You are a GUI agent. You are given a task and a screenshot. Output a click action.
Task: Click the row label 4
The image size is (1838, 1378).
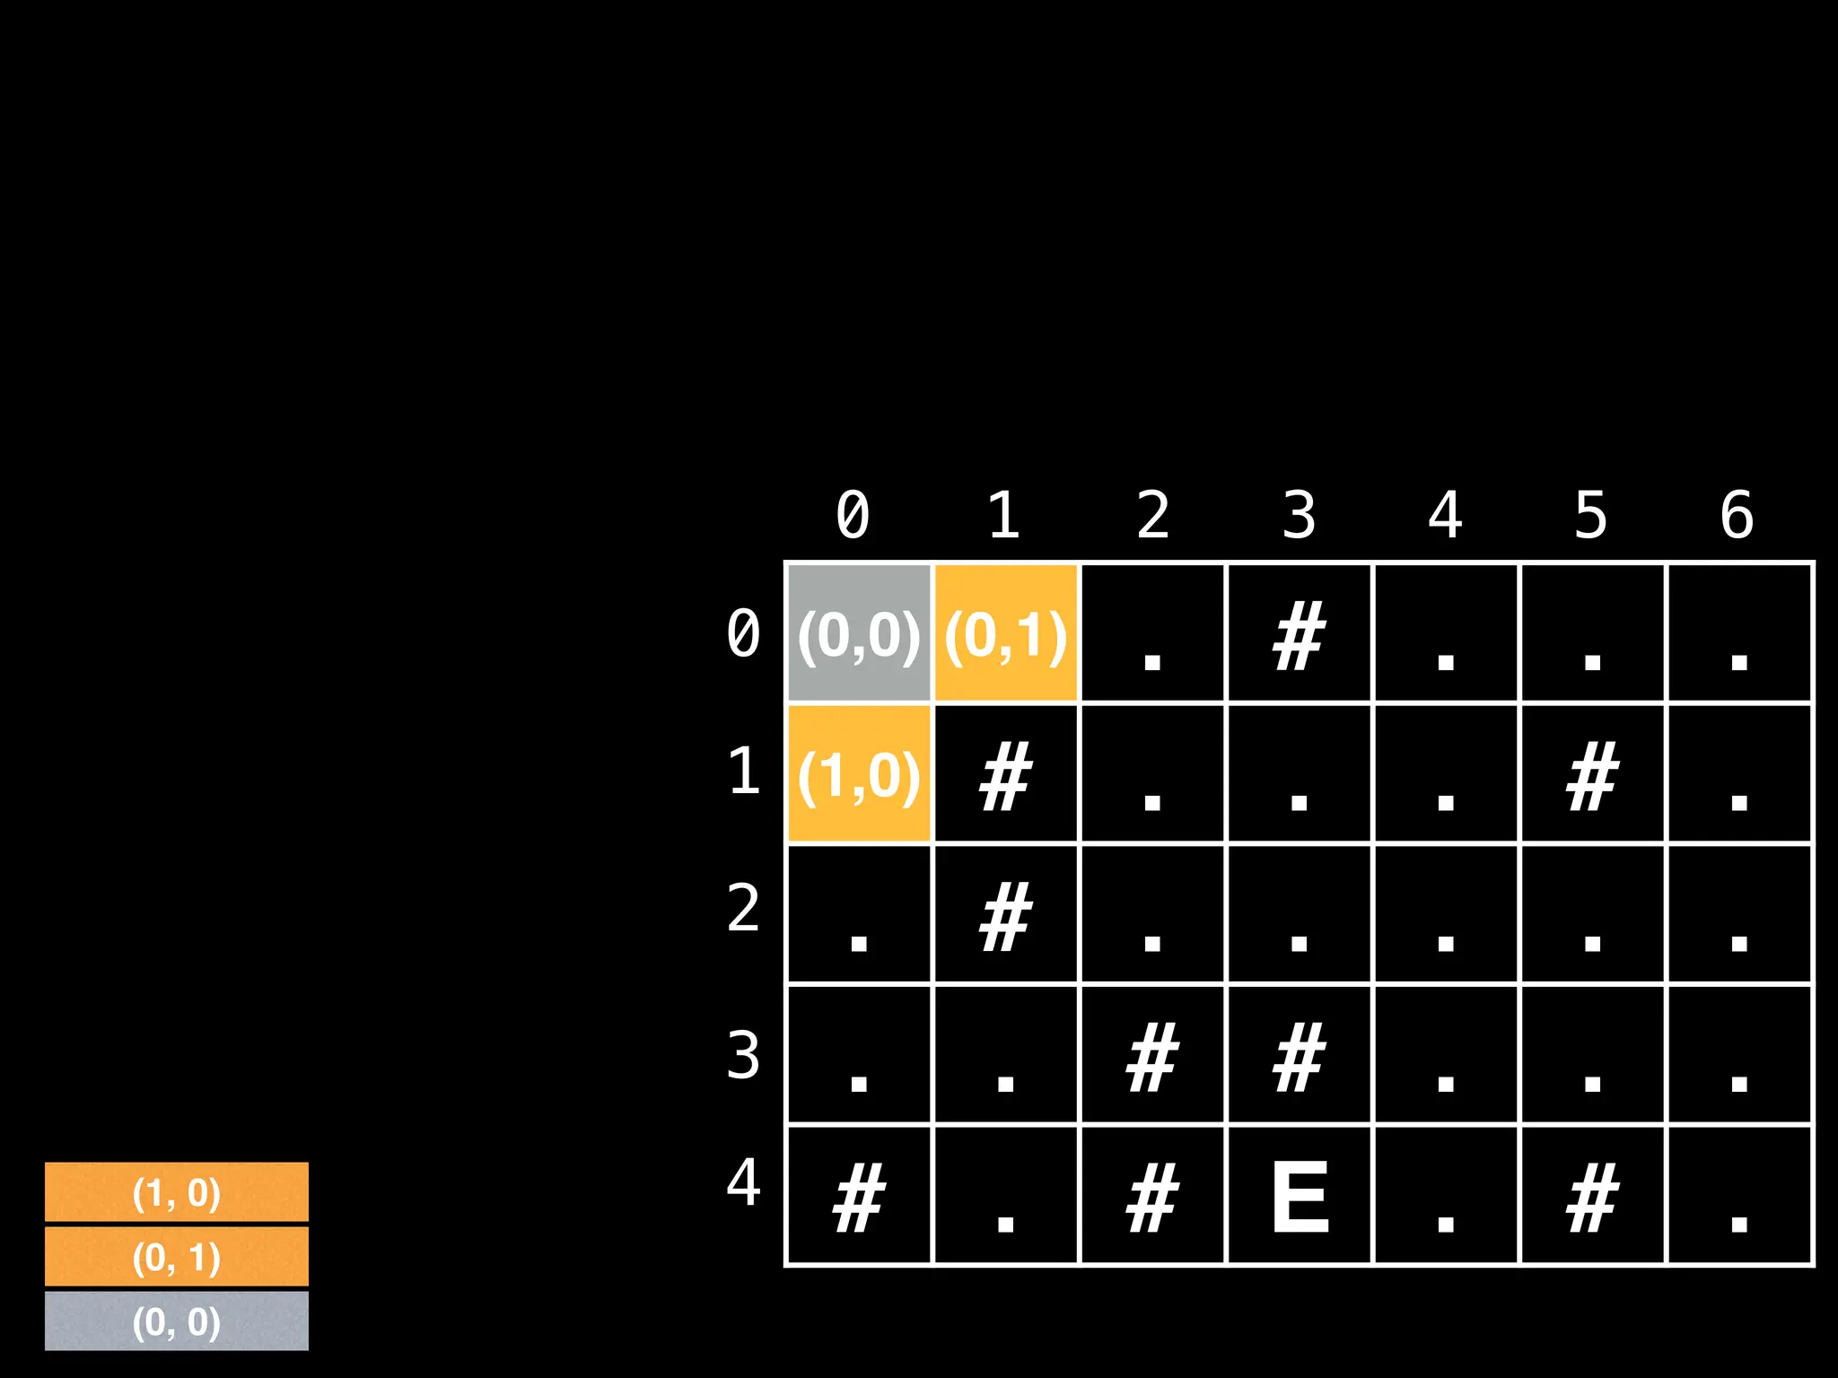[x=744, y=1182]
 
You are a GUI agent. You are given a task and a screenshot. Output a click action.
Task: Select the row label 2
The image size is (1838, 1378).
[x=744, y=908]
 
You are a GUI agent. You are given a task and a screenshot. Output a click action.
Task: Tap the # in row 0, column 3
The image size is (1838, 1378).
[x=1300, y=635]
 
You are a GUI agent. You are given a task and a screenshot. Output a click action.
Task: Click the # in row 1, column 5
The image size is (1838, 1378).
[x=1592, y=775]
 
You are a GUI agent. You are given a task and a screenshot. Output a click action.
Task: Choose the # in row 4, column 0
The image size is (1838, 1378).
[x=859, y=1197]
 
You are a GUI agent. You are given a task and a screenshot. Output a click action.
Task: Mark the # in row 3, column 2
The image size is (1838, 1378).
[x=1152, y=1056]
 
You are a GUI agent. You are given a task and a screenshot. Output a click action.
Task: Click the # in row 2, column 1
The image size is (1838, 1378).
[x=1005, y=916]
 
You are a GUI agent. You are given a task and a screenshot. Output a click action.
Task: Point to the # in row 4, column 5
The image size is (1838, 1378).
[x=1592, y=1197]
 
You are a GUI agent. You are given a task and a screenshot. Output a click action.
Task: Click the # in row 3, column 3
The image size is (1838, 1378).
[x=1300, y=1056]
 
